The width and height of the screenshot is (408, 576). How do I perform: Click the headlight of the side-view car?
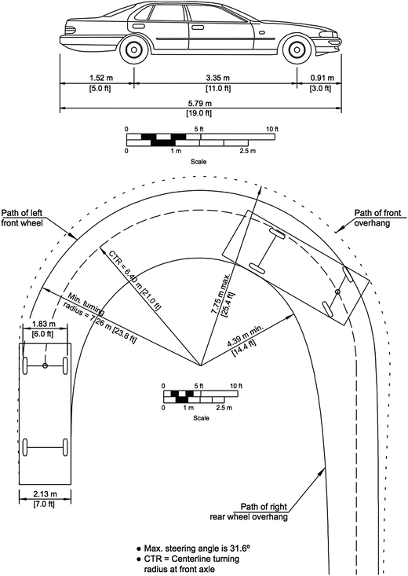(329, 35)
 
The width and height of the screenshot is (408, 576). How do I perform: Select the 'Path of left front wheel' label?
(22, 218)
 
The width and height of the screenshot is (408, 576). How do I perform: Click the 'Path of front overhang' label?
(377, 218)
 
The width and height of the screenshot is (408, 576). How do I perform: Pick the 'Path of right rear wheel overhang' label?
(249, 512)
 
